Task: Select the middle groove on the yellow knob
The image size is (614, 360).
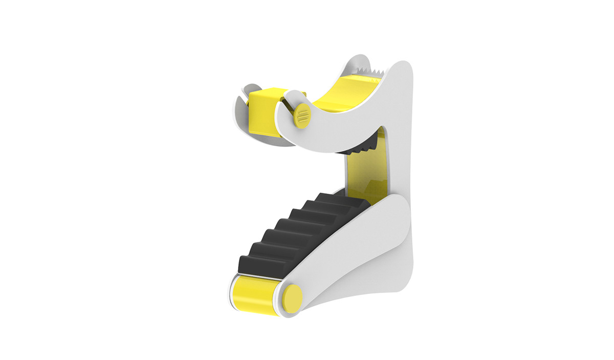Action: click(301, 114)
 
